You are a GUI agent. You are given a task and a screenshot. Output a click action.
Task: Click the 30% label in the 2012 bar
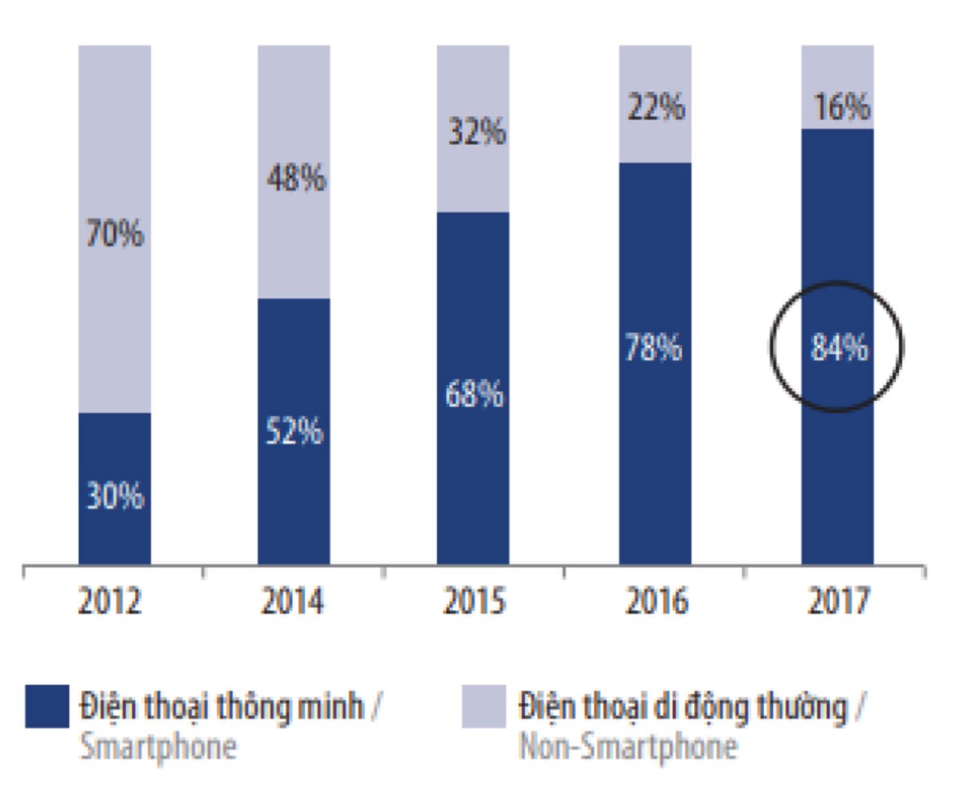pos(115,496)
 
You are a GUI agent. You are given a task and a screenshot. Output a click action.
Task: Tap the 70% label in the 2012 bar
pos(115,236)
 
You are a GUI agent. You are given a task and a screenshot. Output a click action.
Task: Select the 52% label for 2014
pos(294,431)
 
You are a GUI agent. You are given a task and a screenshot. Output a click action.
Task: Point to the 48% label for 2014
pos(295,179)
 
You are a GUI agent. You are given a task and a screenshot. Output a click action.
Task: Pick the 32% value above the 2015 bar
pos(476,133)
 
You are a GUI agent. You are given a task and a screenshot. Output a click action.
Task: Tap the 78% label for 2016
pos(655,349)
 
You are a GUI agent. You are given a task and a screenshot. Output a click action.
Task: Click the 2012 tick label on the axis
pos(111,602)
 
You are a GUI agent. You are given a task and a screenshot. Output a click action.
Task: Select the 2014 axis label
pos(293,602)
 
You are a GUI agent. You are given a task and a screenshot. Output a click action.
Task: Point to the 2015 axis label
pos(474,602)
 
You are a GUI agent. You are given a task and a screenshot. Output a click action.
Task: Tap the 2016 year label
pos(657,602)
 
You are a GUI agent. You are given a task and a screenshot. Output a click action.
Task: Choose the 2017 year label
pos(839,602)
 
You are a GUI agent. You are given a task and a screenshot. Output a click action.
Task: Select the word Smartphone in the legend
pos(158,746)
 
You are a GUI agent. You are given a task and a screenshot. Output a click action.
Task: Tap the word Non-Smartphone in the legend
pos(628,746)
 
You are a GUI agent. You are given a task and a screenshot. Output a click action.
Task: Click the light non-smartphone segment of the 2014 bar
pos(294,244)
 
